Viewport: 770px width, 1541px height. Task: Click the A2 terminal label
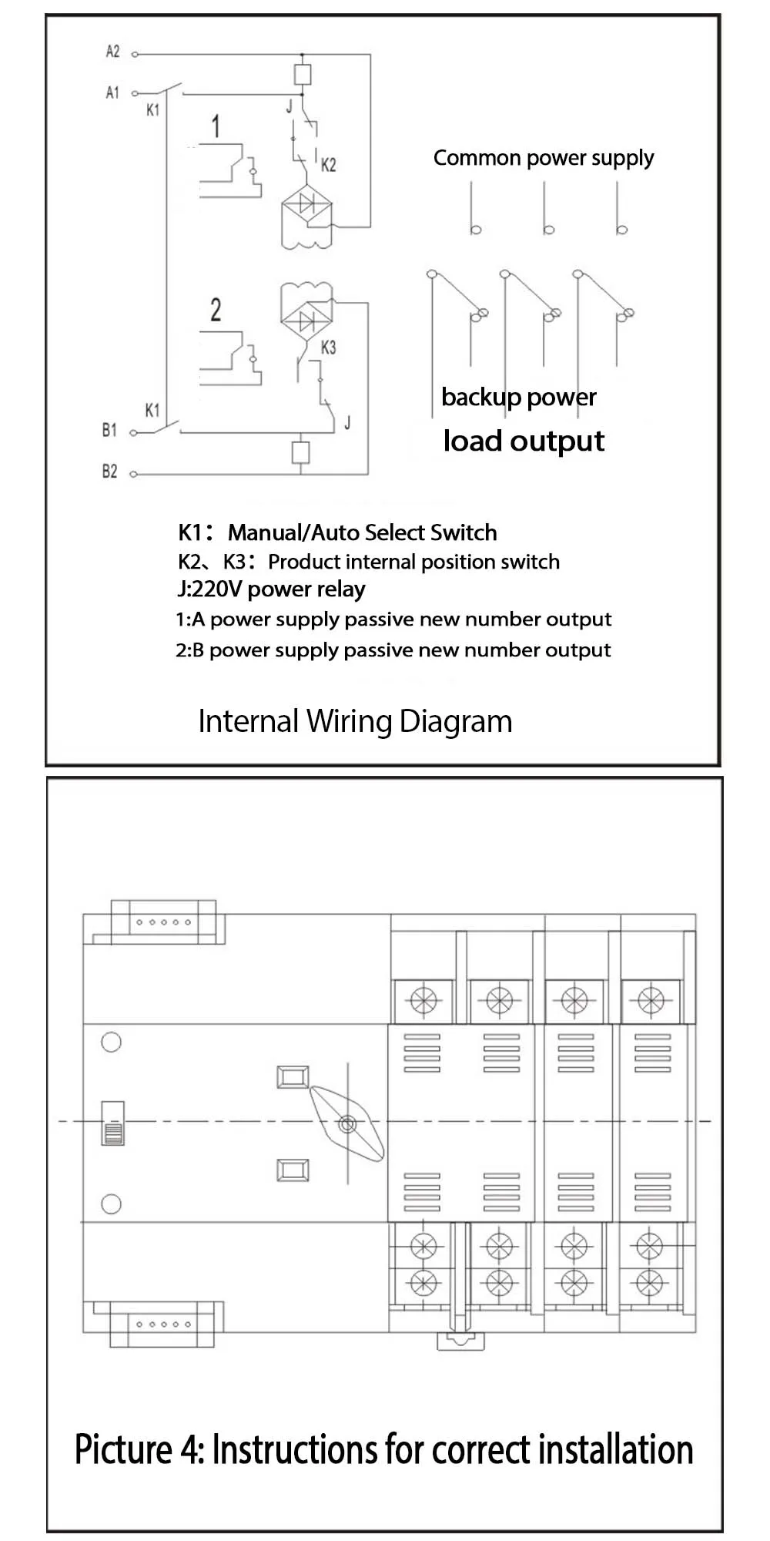[x=112, y=52]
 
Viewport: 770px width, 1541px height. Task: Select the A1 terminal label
[x=112, y=92]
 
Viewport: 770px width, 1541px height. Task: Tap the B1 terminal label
[x=109, y=430]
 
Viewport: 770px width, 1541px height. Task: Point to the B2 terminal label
[x=109, y=472]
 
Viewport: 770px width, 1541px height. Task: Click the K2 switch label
[x=329, y=165]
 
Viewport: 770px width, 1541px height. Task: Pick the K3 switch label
[x=328, y=347]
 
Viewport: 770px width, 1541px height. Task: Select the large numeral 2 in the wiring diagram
[x=216, y=310]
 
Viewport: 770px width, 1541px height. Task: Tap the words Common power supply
[x=544, y=158]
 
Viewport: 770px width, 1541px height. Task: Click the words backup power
[x=518, y=398]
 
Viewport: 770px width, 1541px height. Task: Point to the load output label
[x=524, y=441]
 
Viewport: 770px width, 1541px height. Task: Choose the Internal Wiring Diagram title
[x=355, y=721]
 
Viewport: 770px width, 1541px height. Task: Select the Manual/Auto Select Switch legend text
[x=362, y=532]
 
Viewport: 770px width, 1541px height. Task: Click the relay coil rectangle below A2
[x=303, y=74]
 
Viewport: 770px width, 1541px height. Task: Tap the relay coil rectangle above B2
[x=301, y=452]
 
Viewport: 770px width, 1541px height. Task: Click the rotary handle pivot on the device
[x=346, y=1124]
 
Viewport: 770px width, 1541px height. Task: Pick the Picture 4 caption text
[x=383, y=1449]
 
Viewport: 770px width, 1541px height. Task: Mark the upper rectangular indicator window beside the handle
[x=293, y=1077]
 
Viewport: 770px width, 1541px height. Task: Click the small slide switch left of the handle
[x=113, y=1123]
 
